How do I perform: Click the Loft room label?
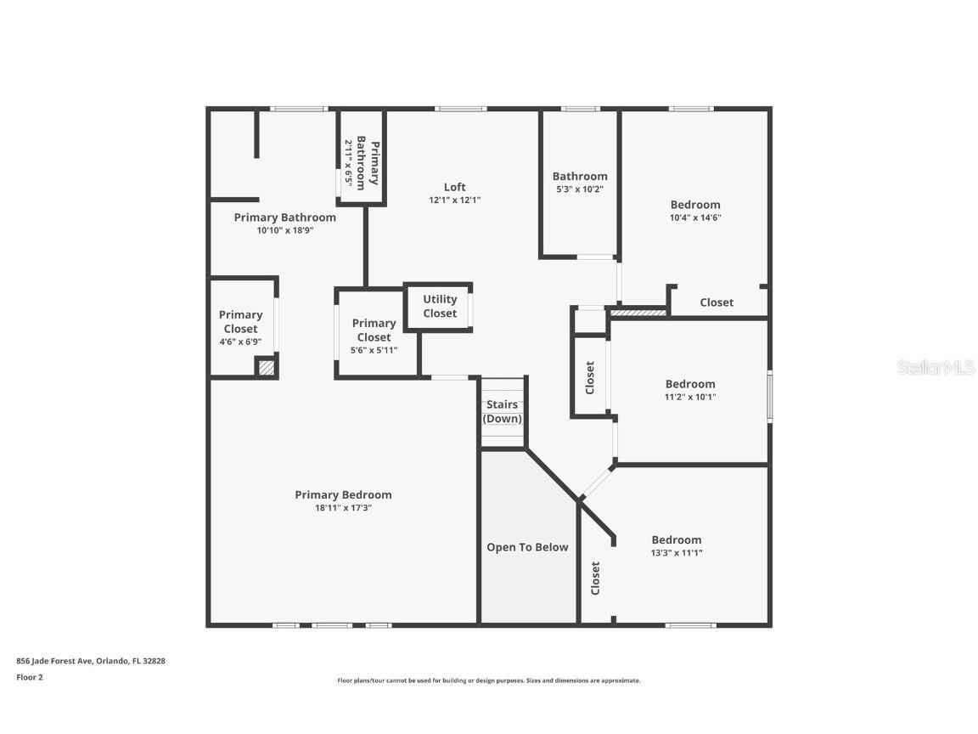point(455,187)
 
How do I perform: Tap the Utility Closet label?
point(440,307)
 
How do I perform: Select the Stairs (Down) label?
point(502,411)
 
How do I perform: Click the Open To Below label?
point(528,547)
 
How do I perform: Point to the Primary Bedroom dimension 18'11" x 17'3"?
point(343,508)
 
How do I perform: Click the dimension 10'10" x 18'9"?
point(285,230)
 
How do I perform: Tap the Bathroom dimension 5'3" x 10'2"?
point(580,189)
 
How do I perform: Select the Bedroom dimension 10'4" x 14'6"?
point(695,217)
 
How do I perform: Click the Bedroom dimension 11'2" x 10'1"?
point(690,397)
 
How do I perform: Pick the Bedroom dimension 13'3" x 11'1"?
point(677,553)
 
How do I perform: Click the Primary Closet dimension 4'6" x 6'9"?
point(241,342)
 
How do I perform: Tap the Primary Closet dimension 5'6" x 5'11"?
point(374,350)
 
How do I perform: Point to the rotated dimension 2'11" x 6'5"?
point(349,163)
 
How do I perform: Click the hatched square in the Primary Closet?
point(267,368)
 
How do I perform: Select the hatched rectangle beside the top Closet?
point(638,312)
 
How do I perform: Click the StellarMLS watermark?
point(936,368)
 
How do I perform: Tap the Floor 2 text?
point(30,677)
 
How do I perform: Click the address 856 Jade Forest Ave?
point(55,661)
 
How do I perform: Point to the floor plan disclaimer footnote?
point(489,681)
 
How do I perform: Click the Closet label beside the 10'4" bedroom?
point(717,302)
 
